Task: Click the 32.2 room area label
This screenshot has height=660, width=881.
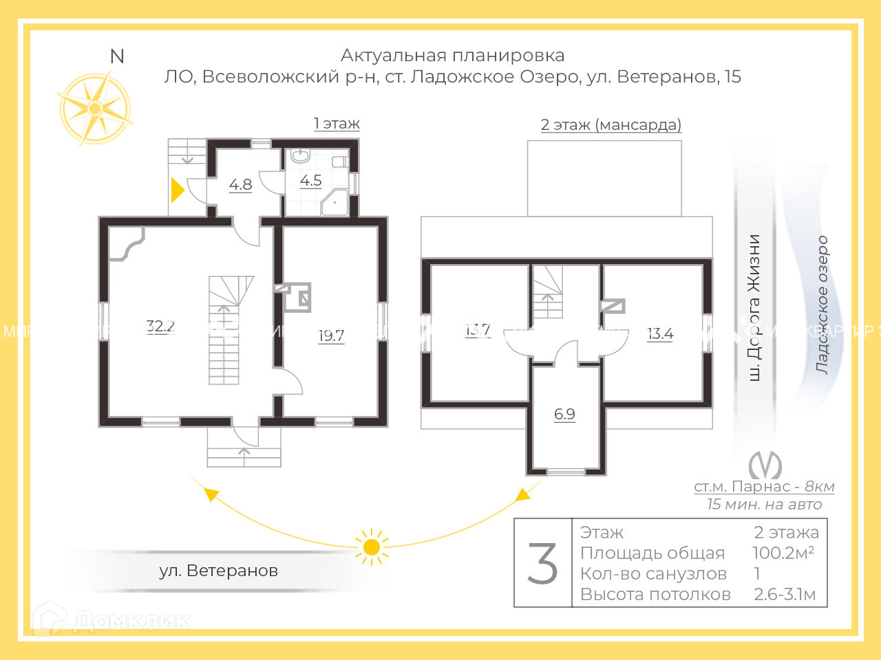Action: (x=160, y=326)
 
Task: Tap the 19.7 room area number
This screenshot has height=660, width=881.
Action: (x=331, y=335)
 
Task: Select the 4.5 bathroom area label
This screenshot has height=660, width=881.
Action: (x=311, y=180)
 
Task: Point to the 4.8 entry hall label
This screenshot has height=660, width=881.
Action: (x=240, y=184)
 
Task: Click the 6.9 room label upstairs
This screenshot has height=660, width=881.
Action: (x=564, y=414)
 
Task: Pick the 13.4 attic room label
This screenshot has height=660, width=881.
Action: (x=660, y=333)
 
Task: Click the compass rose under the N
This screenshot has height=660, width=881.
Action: (x=95, y=109)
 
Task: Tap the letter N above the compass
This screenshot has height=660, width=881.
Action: (x=117, y=56)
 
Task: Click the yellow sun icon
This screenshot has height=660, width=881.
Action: (x=372, y=547)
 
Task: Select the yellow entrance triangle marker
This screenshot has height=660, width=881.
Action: (x=177, y=190)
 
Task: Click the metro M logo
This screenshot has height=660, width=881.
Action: (x=765, y=465)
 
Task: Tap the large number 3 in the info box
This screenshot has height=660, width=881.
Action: (x=543, y=564)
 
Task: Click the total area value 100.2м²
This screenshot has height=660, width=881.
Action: (x=783, y=553)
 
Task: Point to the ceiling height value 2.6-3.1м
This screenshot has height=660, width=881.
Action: (x=785, y=595)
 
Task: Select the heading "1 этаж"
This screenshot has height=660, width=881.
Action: (x=337, y=124)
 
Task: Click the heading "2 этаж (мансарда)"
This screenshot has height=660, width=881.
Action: (x=611, y=125)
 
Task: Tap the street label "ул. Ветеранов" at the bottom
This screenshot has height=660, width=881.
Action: (x=218, y=571)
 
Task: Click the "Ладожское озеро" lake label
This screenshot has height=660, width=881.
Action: (x=822, y=305)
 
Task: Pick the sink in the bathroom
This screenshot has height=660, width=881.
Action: (x=300, y=155)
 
